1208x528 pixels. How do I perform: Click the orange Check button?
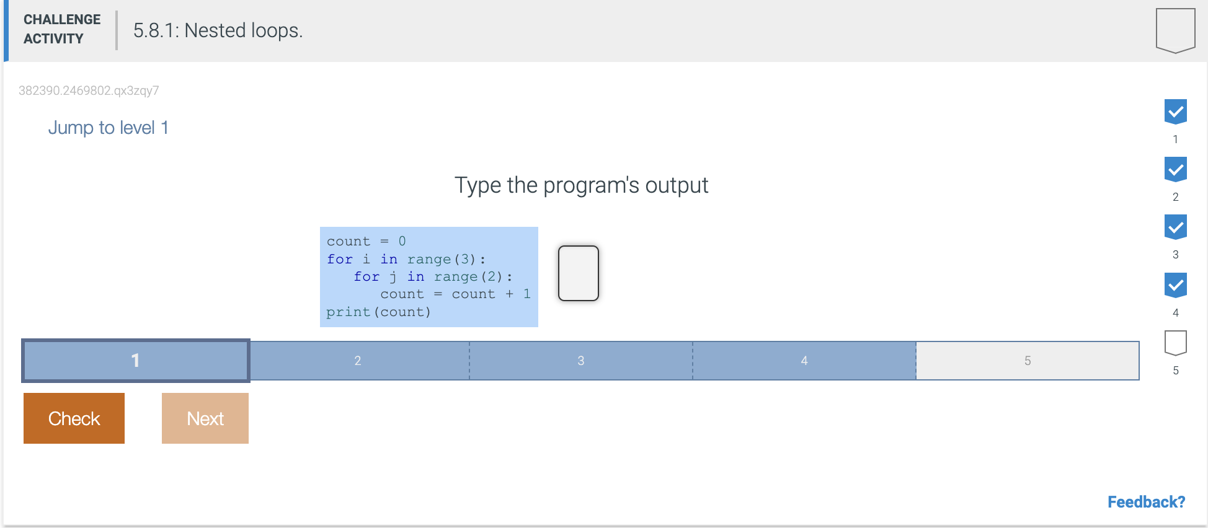coord(74,418)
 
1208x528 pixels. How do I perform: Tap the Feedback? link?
coord(1146,502)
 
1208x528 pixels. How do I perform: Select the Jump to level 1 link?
coord(109,128)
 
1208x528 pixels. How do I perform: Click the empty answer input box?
coord(579,273)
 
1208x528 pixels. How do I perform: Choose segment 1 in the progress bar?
coord(136,360)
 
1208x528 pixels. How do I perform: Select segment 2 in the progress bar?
coord(358,361)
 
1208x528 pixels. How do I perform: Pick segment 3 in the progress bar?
coord(581,361)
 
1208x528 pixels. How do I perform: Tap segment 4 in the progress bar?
coord(804,361)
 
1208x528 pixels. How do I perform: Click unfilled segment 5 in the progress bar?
coord(1028,361)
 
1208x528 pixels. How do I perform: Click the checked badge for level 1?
coord(1176,112)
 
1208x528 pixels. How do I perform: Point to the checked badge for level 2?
coord(1176,170)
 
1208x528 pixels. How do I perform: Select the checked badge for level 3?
coord(1176,227)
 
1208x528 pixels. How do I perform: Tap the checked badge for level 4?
coord(1176,286)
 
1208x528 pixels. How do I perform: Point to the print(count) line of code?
coord(378,312)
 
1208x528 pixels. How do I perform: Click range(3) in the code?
coord(442,259)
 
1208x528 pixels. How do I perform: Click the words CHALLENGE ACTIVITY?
coord(62,29)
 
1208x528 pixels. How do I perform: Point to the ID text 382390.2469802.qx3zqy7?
coord(89,90)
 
